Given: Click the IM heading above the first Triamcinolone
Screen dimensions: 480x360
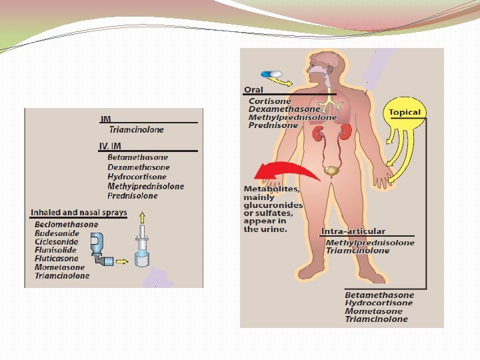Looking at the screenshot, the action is tap(105, 119).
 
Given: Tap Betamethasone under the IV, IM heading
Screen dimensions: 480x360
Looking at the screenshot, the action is tap(133, 157).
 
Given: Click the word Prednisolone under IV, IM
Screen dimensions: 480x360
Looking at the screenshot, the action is tap(133, 196).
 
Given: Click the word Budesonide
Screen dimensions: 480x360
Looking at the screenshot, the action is tap(57, 233).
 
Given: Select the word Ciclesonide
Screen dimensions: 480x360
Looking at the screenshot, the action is tap(57, 242).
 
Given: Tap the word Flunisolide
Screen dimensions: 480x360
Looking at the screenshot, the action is tap(56, 250).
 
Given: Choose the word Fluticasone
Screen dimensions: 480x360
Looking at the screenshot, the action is tap(57, 259).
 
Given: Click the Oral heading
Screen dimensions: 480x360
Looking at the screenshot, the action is tap(253, 90).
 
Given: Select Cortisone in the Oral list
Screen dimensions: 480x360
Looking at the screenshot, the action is tap(269, 100).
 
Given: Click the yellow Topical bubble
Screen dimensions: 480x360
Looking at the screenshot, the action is tap(405, 113).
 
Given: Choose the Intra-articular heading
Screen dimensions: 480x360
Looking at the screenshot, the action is tap(353, 232).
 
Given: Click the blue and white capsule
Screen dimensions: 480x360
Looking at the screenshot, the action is tap(272, 75).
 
